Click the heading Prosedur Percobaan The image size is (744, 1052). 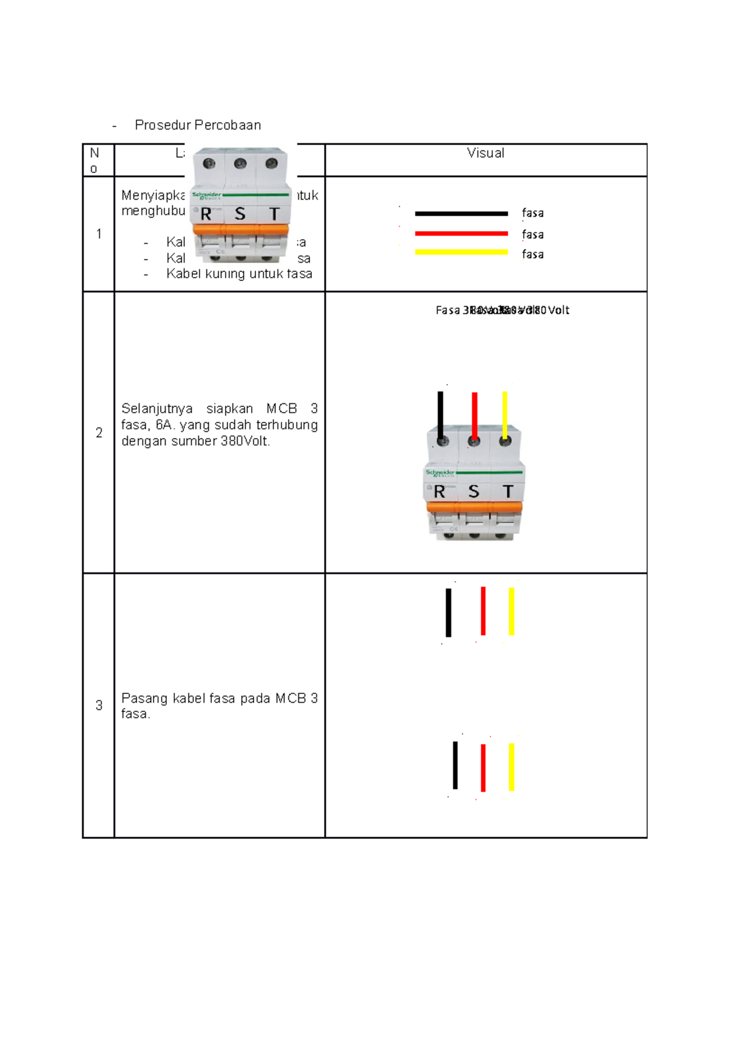tap(198, 125)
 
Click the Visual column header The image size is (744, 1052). tap(485, 153)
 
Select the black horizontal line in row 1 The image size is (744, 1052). tap(461, 214)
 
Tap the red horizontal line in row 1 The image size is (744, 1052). tap(461, 234)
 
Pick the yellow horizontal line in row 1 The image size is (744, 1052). tap(461, 252)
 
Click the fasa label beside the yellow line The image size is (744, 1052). tap(533, 254)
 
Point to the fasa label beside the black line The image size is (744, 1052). tap(533, 213)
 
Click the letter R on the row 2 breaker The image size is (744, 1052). tap(440, 492)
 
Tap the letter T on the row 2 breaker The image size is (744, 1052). tap(508, 492)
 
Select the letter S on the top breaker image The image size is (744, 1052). tap(240, 214)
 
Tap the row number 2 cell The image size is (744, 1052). tap(99, 433)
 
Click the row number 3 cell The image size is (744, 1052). tap(99, 706)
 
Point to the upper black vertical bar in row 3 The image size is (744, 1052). tap(448, 612)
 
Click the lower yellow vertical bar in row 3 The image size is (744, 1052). tap(511, 767)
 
